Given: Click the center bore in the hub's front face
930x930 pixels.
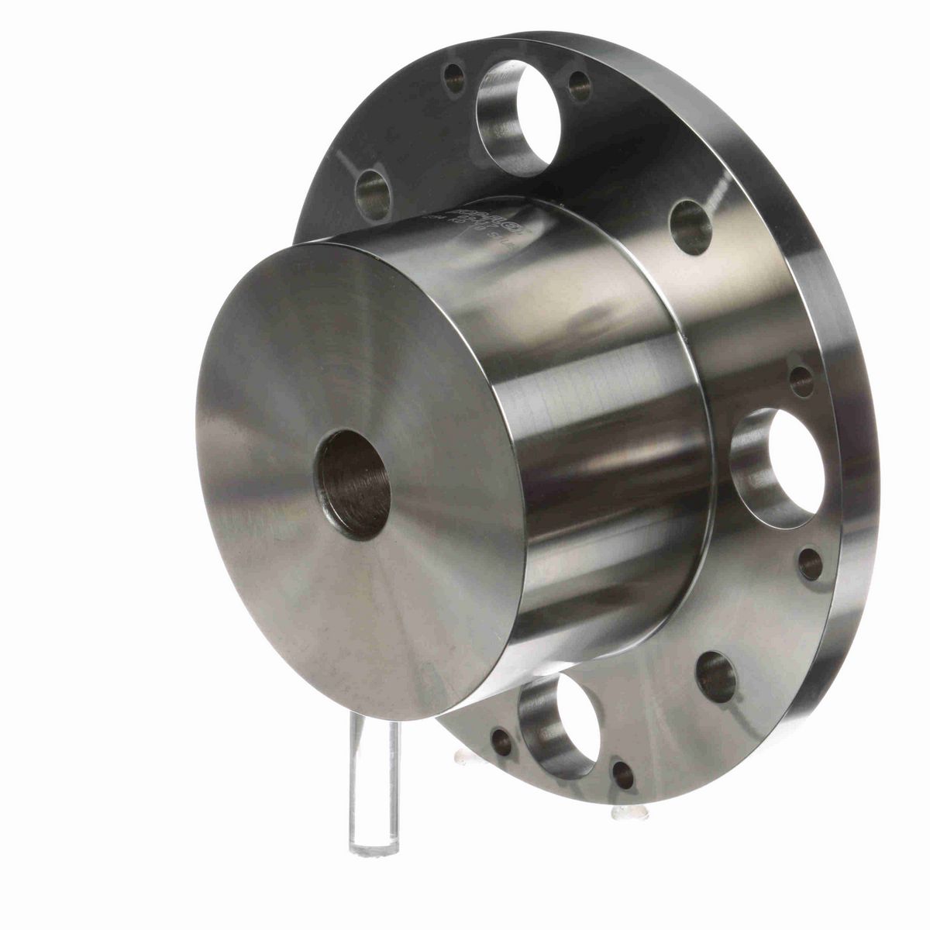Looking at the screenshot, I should click(x=353, y=485).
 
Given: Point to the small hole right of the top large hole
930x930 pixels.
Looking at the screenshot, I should click(x=580, y=84).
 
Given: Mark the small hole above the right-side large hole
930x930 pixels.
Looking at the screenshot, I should click(x=801, y=381).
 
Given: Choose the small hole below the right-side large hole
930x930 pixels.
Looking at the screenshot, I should click(x=810, y=563).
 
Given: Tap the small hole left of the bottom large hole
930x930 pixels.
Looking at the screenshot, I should click(x=501, y=742).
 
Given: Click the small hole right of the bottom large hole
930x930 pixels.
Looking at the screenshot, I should click(x=623, y=774).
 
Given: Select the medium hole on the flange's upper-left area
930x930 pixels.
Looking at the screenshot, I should click(x=373, y=193).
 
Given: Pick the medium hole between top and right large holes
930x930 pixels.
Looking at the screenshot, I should click(x=690, y=226).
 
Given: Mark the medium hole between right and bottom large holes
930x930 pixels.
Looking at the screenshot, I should click(x=715, y=676).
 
